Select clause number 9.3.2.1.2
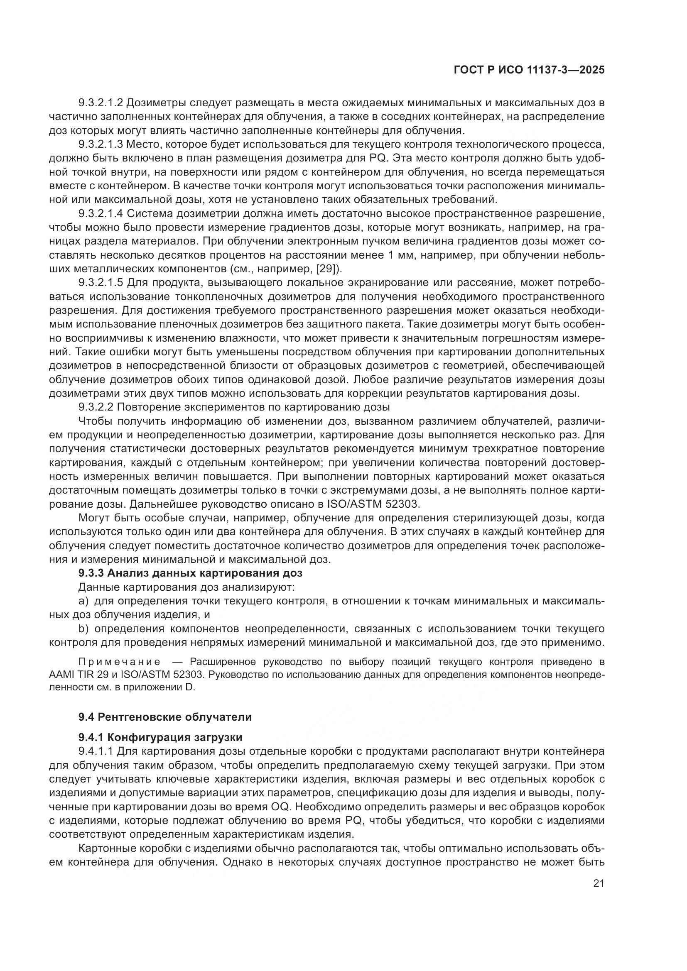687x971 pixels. pos(100,103)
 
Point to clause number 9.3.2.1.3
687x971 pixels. pos(100,144)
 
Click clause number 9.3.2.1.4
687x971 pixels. pos(100,213)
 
